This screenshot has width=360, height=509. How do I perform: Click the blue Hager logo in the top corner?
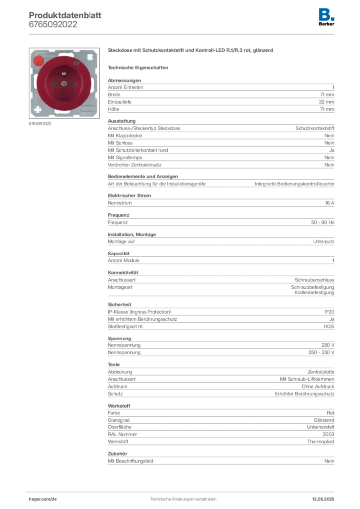click(x=327, y=14)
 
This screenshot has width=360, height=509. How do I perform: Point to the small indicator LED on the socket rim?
click(x=76, y=64)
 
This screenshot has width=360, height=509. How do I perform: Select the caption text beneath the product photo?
click(x=40, y=124)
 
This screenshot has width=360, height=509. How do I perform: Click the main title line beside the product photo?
click(x=190, y=51)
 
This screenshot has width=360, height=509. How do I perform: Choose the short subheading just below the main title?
click(x=139, y=67)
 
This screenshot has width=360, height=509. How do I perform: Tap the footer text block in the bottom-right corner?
click(x=324, y=497)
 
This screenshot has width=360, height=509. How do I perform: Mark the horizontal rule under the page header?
click(x=183, y=34)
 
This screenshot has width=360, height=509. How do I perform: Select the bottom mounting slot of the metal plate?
click(x=63, y=114)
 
